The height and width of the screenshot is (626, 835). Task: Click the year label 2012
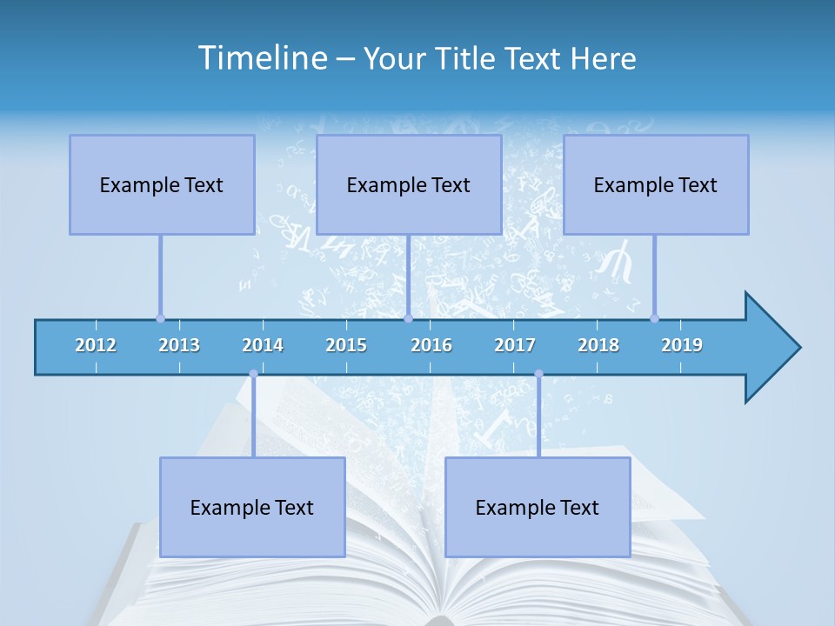96,345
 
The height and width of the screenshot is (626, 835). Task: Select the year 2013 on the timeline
179,345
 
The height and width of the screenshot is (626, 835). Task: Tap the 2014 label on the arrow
263,345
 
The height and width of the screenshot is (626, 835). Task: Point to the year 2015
346,345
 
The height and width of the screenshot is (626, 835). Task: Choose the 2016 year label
431,345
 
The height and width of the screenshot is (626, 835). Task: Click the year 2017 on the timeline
515,345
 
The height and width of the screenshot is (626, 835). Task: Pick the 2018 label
598,345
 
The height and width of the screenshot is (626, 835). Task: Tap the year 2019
682,345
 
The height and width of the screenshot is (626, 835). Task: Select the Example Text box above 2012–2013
162,184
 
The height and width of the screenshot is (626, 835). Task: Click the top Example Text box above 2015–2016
409,184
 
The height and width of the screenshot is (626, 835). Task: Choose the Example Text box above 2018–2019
656,184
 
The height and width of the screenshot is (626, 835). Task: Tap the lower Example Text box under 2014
252,507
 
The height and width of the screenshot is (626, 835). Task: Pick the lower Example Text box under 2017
538,507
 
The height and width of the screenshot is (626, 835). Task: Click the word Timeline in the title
262,57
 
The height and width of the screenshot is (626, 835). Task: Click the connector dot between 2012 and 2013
160,318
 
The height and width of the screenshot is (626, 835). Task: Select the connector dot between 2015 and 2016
408,318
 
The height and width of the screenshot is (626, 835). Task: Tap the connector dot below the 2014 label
253,374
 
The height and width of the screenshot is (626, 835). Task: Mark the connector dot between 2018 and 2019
654,318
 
